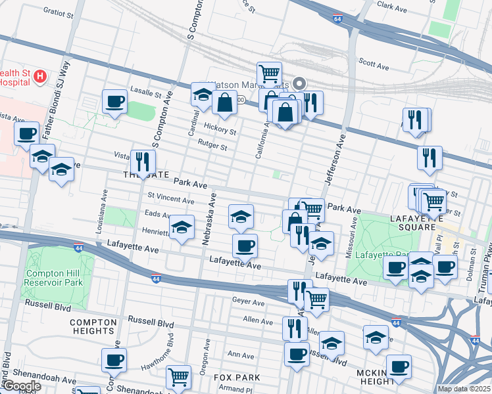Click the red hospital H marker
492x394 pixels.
pyautogui.click(x=41, y=77)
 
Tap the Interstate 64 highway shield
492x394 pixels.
pyautogui.click(x=337, y=19)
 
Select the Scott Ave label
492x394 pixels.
pyautogui.click(x=374, y=64)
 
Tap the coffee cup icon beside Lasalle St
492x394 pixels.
pyautogui.click(x=115, y=102)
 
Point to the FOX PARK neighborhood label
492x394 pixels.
pyautogui.click(x=237, y=378)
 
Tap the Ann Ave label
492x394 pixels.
pyautogui.click(x=240, y=355)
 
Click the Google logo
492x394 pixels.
pyautogui.click(x=21, y=386)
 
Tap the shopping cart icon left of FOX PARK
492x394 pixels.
pyautogui.click(x=178, y=377)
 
